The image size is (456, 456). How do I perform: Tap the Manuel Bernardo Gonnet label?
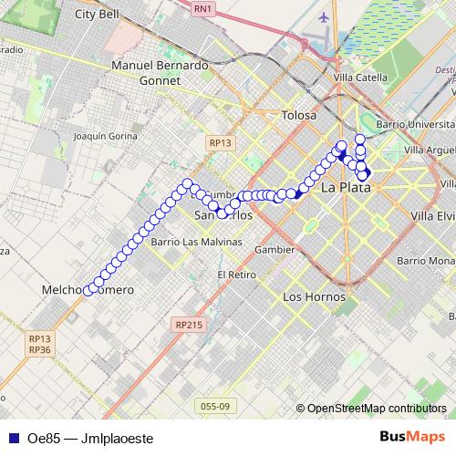coord(160,73)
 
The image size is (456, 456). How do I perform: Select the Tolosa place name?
coord(299,116)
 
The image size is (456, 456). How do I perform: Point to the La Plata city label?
coord(347,188)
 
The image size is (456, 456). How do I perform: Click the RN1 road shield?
coord(202,8)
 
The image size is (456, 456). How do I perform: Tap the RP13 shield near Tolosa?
coord(221,142)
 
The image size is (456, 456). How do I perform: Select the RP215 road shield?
coord(190,324)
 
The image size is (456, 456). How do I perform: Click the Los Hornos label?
coord(315,297)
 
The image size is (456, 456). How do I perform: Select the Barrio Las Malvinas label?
coord(184,243)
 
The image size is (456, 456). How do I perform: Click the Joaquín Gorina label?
coord(103,135)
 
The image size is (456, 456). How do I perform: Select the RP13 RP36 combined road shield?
coord(39,343)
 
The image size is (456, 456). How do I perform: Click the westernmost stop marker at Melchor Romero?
coord(88,290)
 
